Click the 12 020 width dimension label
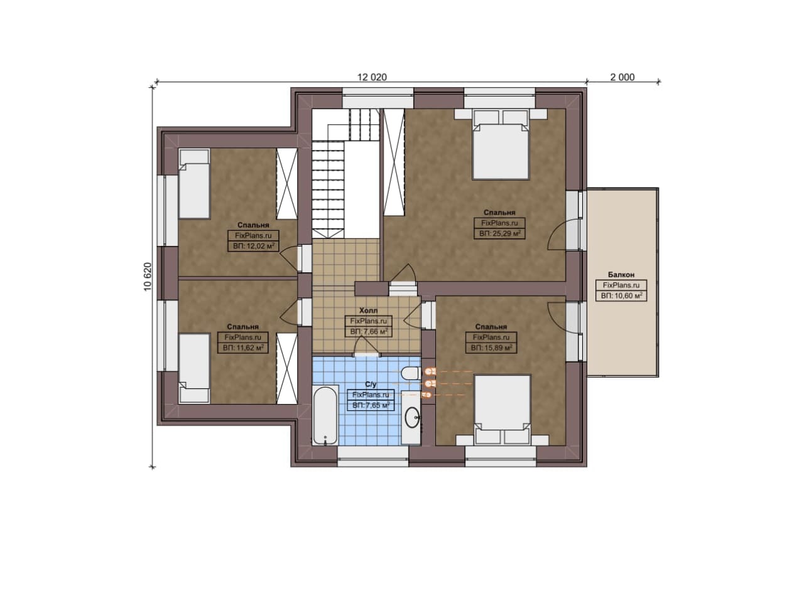[372, 77]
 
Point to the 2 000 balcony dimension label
[622, 77]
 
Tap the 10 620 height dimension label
[148, 277]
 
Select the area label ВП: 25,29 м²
[499, 234]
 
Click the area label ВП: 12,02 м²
[253, 246]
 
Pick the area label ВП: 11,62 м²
[243, 348]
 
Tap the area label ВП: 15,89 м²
[491, 348]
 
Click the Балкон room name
[621, 275]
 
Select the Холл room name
[369, 310]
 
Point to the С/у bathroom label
[371, 385]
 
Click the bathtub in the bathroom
[325, 415]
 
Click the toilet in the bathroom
[411, 373]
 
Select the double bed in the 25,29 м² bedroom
[501, 144]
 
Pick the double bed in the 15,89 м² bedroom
[503, 410]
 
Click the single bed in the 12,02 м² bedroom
[194, 184]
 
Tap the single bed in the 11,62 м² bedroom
[194, 368]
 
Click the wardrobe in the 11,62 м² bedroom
[287, 369]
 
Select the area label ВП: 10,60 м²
[621, 296]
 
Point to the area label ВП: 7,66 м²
[369, 332]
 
